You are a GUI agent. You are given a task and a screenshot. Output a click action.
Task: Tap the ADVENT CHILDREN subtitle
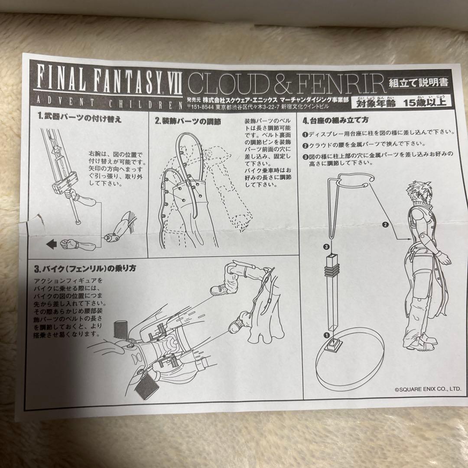[108, 103]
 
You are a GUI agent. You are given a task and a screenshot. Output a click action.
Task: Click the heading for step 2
[188, 121]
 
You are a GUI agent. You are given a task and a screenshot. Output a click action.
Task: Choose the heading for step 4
[336, 120]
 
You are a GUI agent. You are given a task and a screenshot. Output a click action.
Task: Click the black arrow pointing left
[52, 245]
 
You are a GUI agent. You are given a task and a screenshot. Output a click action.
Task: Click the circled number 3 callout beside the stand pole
[326, 247]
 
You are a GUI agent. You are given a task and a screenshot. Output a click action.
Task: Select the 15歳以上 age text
[425, 103]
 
